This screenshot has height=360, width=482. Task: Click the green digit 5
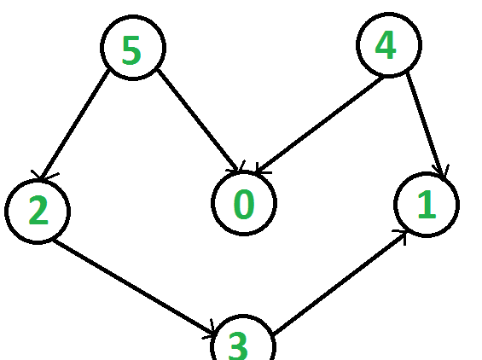[131, 50]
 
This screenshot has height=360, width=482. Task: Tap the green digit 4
[385, 45]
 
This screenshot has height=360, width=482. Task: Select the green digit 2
[38, 211]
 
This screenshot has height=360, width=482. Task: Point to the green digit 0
[244, 204]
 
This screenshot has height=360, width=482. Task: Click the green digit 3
[238, 345]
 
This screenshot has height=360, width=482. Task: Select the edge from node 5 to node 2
[75, 124]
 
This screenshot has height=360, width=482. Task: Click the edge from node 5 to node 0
[198, 120]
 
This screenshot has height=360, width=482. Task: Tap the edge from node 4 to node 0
[319, 124]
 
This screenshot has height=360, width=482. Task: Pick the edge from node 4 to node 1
[426, 126]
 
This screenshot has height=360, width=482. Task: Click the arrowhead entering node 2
[43, 176]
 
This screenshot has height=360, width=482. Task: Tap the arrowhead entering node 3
[210, 331]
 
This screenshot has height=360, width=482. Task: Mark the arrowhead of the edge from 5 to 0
[237, 168]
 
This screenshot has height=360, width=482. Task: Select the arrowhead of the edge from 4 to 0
[261, 170]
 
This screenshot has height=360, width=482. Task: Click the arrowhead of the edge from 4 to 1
[441, 173]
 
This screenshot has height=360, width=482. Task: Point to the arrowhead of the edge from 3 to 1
[402, 236]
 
